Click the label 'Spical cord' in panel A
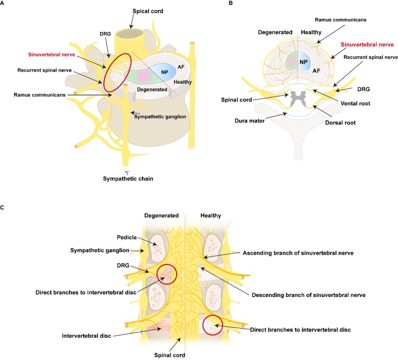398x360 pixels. [147, 11]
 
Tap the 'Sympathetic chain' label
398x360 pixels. [127, 179]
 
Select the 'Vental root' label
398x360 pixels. [356, 104]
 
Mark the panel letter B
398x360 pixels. [231, 3]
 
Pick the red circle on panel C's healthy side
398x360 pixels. [213, 325]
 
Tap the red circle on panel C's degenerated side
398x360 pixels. [167, 274]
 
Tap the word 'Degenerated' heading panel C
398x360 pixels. [161, 216]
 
